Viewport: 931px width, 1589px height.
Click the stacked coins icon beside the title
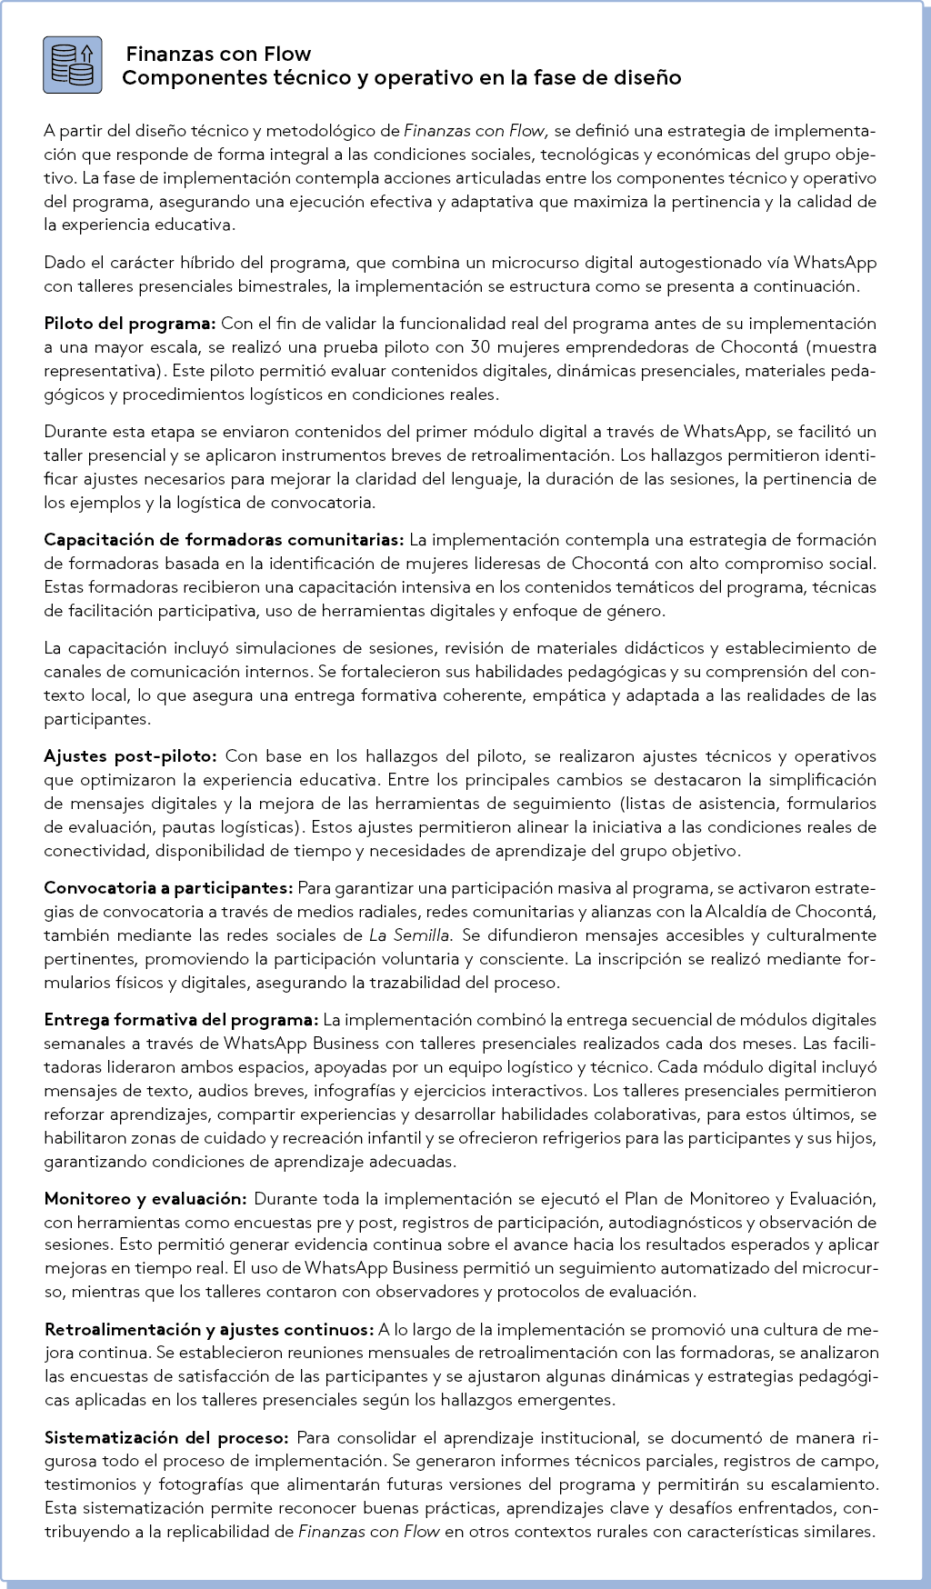tap(70, 65)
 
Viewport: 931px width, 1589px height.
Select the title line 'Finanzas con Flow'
tap(218, 55)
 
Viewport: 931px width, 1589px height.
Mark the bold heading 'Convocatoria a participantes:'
tap(168, 887)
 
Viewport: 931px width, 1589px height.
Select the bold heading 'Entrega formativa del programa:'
tap(181, 1019)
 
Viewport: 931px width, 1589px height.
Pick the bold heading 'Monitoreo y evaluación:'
tap(145, 1198)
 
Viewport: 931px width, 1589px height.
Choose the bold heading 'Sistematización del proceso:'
tap(166, 1438)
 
